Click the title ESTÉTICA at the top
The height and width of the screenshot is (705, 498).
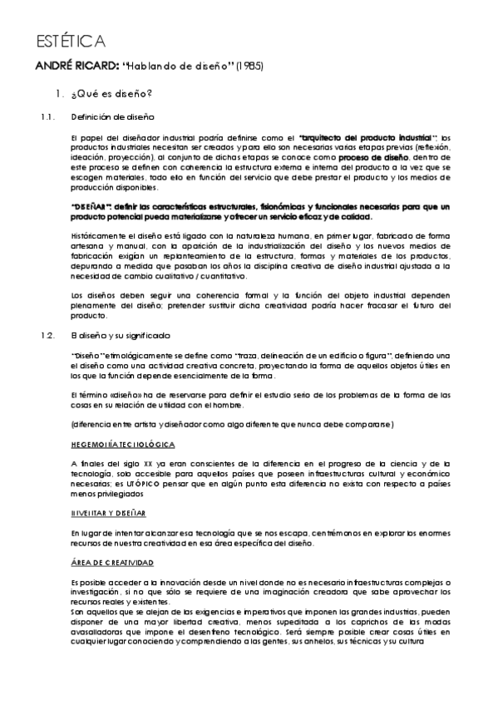point(70,41)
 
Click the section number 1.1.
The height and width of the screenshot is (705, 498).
point(47,116)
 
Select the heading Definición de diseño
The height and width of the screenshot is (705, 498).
point(112,116)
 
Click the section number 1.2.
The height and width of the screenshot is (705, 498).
point(47,335)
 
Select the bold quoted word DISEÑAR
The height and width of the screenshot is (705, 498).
point(92,206)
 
